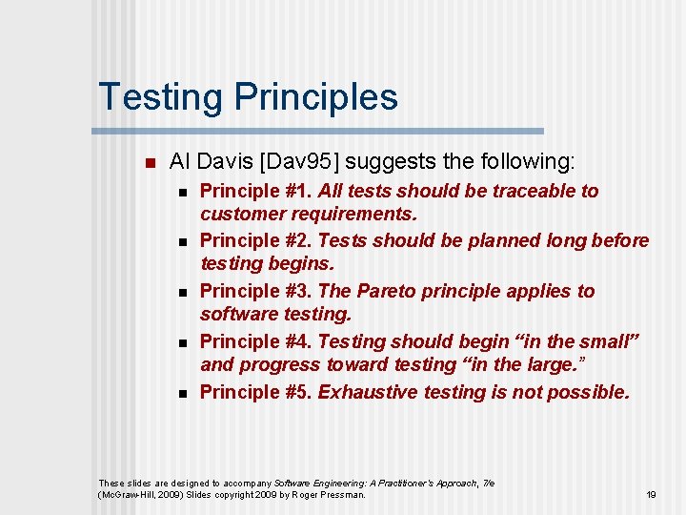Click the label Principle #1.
pyautogui.click(x=255, y=191)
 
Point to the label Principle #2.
pyautogui.click(x=255, y=241)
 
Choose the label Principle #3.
pyautogui.click(x=255, y=291)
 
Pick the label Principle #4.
pyautogui.click(x=255, y=341)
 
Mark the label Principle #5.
pyautogui.click(x=255, y=391)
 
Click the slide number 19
pyautogui.click(x=651, y=495)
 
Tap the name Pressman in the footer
pyautogui.click(x=344, y=495)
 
